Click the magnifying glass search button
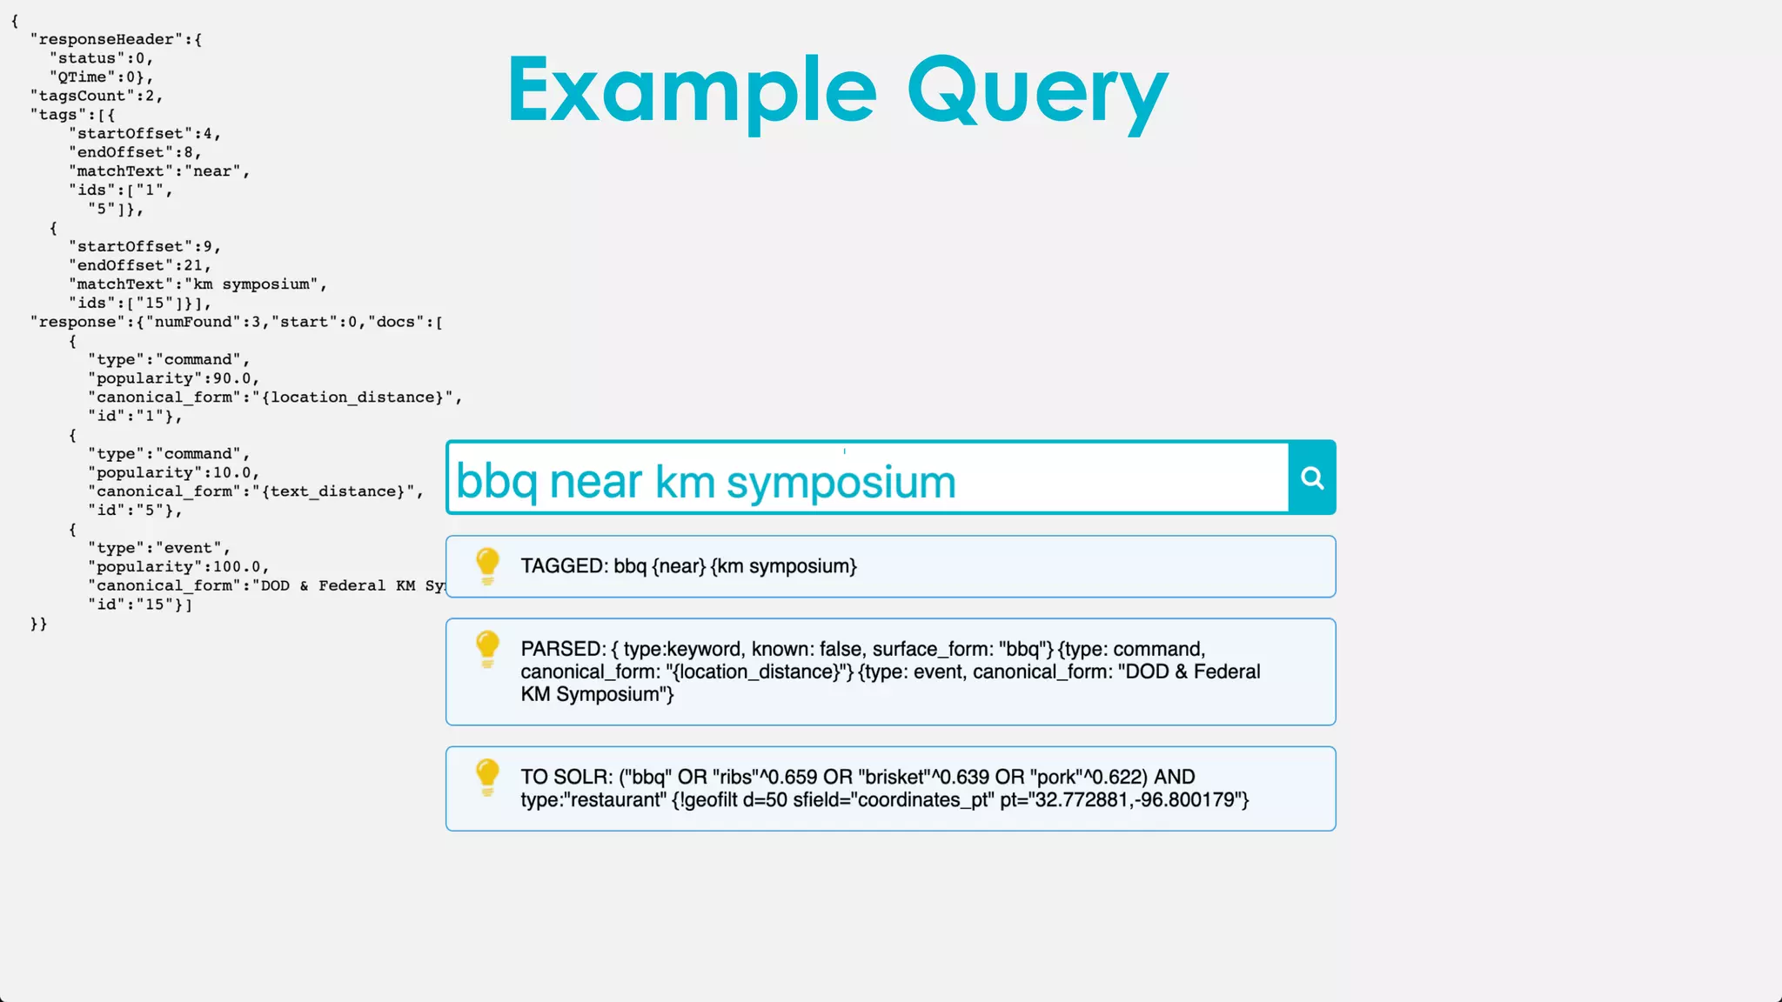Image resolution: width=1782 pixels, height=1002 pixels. click(x=1312, y=478)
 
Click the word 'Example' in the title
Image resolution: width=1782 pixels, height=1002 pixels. click(x=692, y=90)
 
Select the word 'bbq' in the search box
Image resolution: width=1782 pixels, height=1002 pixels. click(x=496, y=482)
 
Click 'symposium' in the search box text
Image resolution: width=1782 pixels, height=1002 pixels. click(x=841, y=482)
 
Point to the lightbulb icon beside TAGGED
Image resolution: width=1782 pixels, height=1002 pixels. click(x=487, y=565)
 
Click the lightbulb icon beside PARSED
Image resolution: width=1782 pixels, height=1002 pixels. click(x=487, y=649)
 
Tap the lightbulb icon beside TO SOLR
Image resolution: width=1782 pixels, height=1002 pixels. click(x=487, y=777)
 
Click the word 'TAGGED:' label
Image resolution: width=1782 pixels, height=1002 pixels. click(x=564, y=566)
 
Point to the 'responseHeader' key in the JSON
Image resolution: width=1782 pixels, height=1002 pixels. click(x=107, y=39)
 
